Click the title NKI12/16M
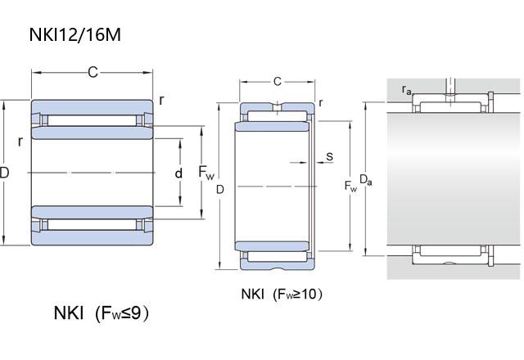coord(75,34)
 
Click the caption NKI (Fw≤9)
coord(101,313)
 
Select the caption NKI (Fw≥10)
coord(282,295)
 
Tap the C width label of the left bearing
coord(93,72)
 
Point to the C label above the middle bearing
coord(278,81)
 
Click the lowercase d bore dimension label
coord(179,173)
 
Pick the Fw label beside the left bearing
coord(206,173)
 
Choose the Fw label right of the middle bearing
coord(350,186)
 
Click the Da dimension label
coord(366,180)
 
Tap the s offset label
coord(329,156)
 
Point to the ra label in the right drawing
coord(406,90)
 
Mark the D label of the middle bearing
coord(219,189)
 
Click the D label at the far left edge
coord(4,173)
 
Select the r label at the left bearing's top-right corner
coord(162,100)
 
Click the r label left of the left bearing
coord(20,142)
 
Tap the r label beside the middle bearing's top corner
coord(320,102)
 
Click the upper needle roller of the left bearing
coord(93,120)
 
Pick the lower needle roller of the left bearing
coord(93,224)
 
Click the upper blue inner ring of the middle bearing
coord(272,126)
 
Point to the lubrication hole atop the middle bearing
coord(278,106)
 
